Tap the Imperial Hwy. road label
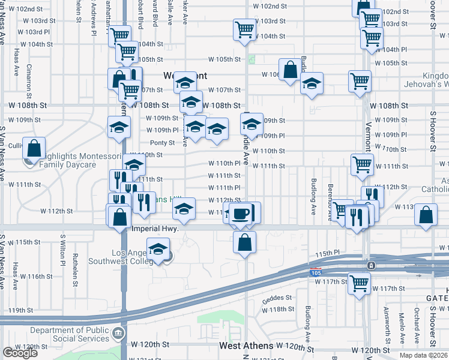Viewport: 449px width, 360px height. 155,229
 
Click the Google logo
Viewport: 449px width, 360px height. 20,353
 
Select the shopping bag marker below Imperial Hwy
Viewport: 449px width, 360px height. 245,242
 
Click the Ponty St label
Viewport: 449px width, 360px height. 162,143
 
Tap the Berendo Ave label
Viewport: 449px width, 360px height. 330,206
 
